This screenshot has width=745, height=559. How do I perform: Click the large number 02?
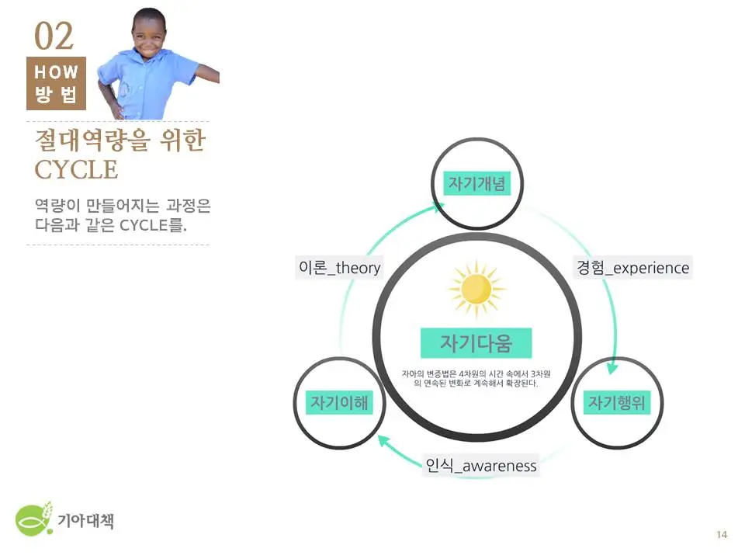[54, 36]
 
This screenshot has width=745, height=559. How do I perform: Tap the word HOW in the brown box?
[57, 72]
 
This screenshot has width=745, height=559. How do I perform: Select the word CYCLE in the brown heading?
[76, 169]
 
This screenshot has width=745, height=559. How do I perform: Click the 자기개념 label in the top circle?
[477, 183]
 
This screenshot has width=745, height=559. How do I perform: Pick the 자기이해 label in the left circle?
[338, 402]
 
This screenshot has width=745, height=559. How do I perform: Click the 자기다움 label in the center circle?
[476, 342]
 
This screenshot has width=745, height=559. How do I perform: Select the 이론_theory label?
[340, 268]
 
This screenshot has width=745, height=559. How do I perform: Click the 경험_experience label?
[632, 268]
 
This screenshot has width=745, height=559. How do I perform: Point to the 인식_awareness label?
[481, 466]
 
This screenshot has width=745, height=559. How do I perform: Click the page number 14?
[722, 534]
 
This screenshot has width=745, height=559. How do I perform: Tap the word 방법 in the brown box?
[57, 97]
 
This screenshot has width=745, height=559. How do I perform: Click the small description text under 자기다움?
[476, 378]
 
